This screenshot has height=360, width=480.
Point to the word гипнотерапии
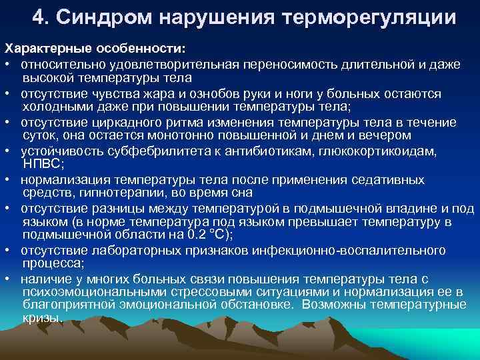pos(137,193)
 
